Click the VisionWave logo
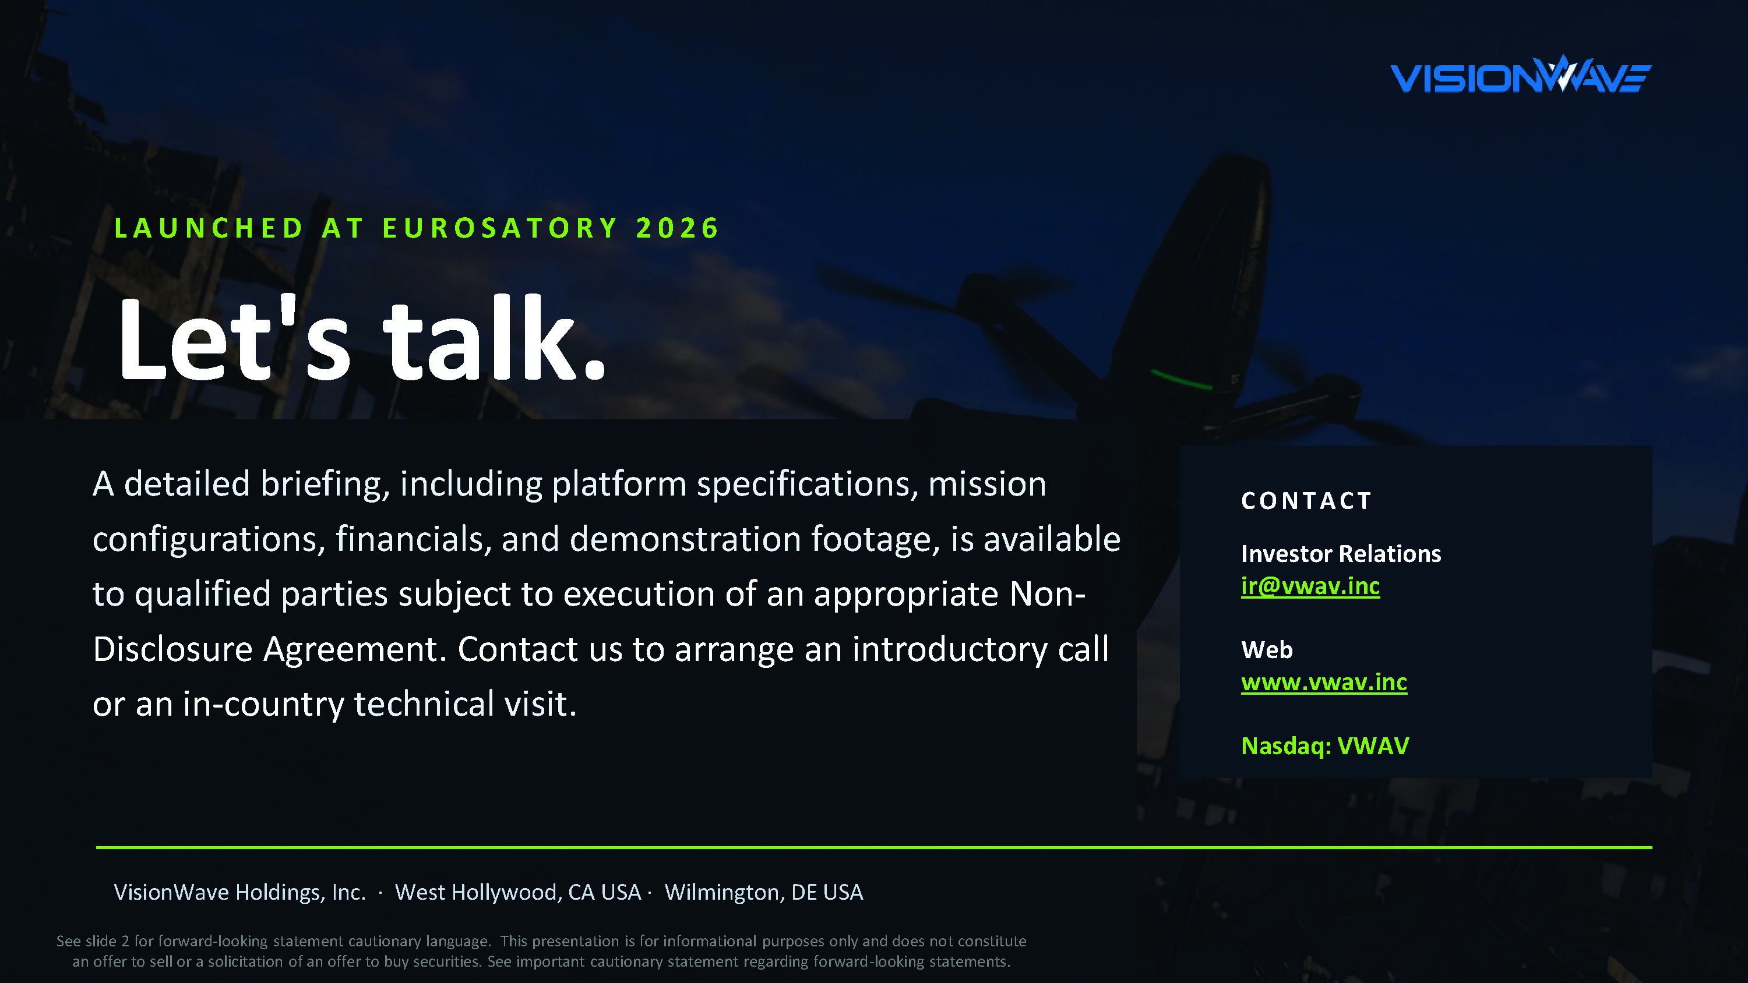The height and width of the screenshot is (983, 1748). pyautogui.click(x=1521, y=74)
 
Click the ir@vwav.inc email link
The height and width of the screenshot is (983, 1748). pyautogui.click(x=1310, y=586)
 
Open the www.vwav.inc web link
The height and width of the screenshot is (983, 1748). pyautogui.click(x=1324, y=682)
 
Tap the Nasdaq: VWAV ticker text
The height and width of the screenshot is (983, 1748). pyautogui.click(x=1325, y=745)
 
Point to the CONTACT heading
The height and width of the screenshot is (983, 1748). pyautogui.click(x=1306, y=501)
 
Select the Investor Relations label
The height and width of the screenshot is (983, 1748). pyautogui.click(x=1341, y=554)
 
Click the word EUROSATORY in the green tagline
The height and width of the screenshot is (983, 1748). pyautogui.click(x=500, y=228)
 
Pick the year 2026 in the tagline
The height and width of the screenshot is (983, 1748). pyautogui.click(x=677, y=228)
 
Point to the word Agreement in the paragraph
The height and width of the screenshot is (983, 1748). pyautogui.click(x=355, y=650)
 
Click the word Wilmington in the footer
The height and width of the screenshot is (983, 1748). pyautogui.click(x=725, y=892)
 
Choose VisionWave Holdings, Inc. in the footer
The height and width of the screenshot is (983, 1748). pyautogui.click(x=239, y=892)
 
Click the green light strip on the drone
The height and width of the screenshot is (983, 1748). pyautogui.click(x=1182, y=379)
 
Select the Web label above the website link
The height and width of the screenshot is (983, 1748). pyautogui.click(x=1267, y=650)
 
